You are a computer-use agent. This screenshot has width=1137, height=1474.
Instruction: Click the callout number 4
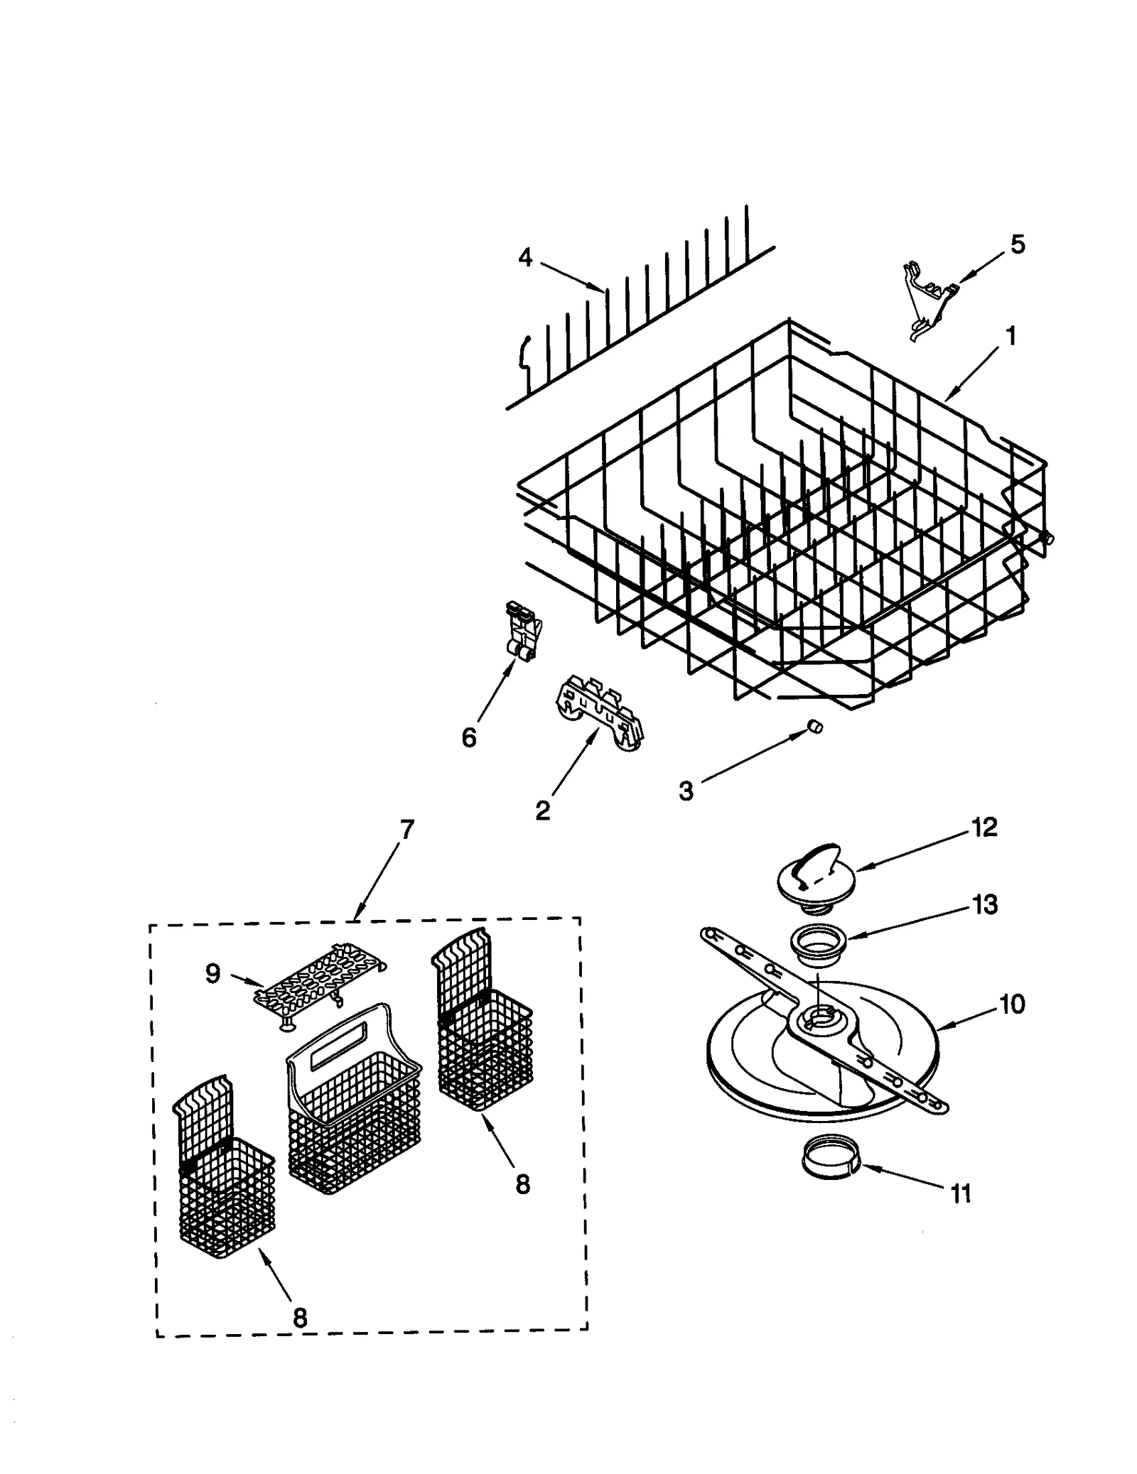pos(524,257)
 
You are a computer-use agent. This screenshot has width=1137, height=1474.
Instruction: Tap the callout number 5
pos(1018,244)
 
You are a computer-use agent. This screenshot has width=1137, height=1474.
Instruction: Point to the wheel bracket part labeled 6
pos(523,631)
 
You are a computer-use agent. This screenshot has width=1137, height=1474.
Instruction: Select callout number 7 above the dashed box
pos(406,830)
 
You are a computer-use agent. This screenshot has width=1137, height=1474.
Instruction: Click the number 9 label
pos(212,973)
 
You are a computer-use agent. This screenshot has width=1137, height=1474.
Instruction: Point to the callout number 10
pos(1011,1004)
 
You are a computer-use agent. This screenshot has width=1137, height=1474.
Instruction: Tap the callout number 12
pos(984,827)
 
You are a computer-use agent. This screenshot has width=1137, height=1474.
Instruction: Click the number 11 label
pos(960,1194)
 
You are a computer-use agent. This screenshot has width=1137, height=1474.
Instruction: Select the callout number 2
pos(542,811)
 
